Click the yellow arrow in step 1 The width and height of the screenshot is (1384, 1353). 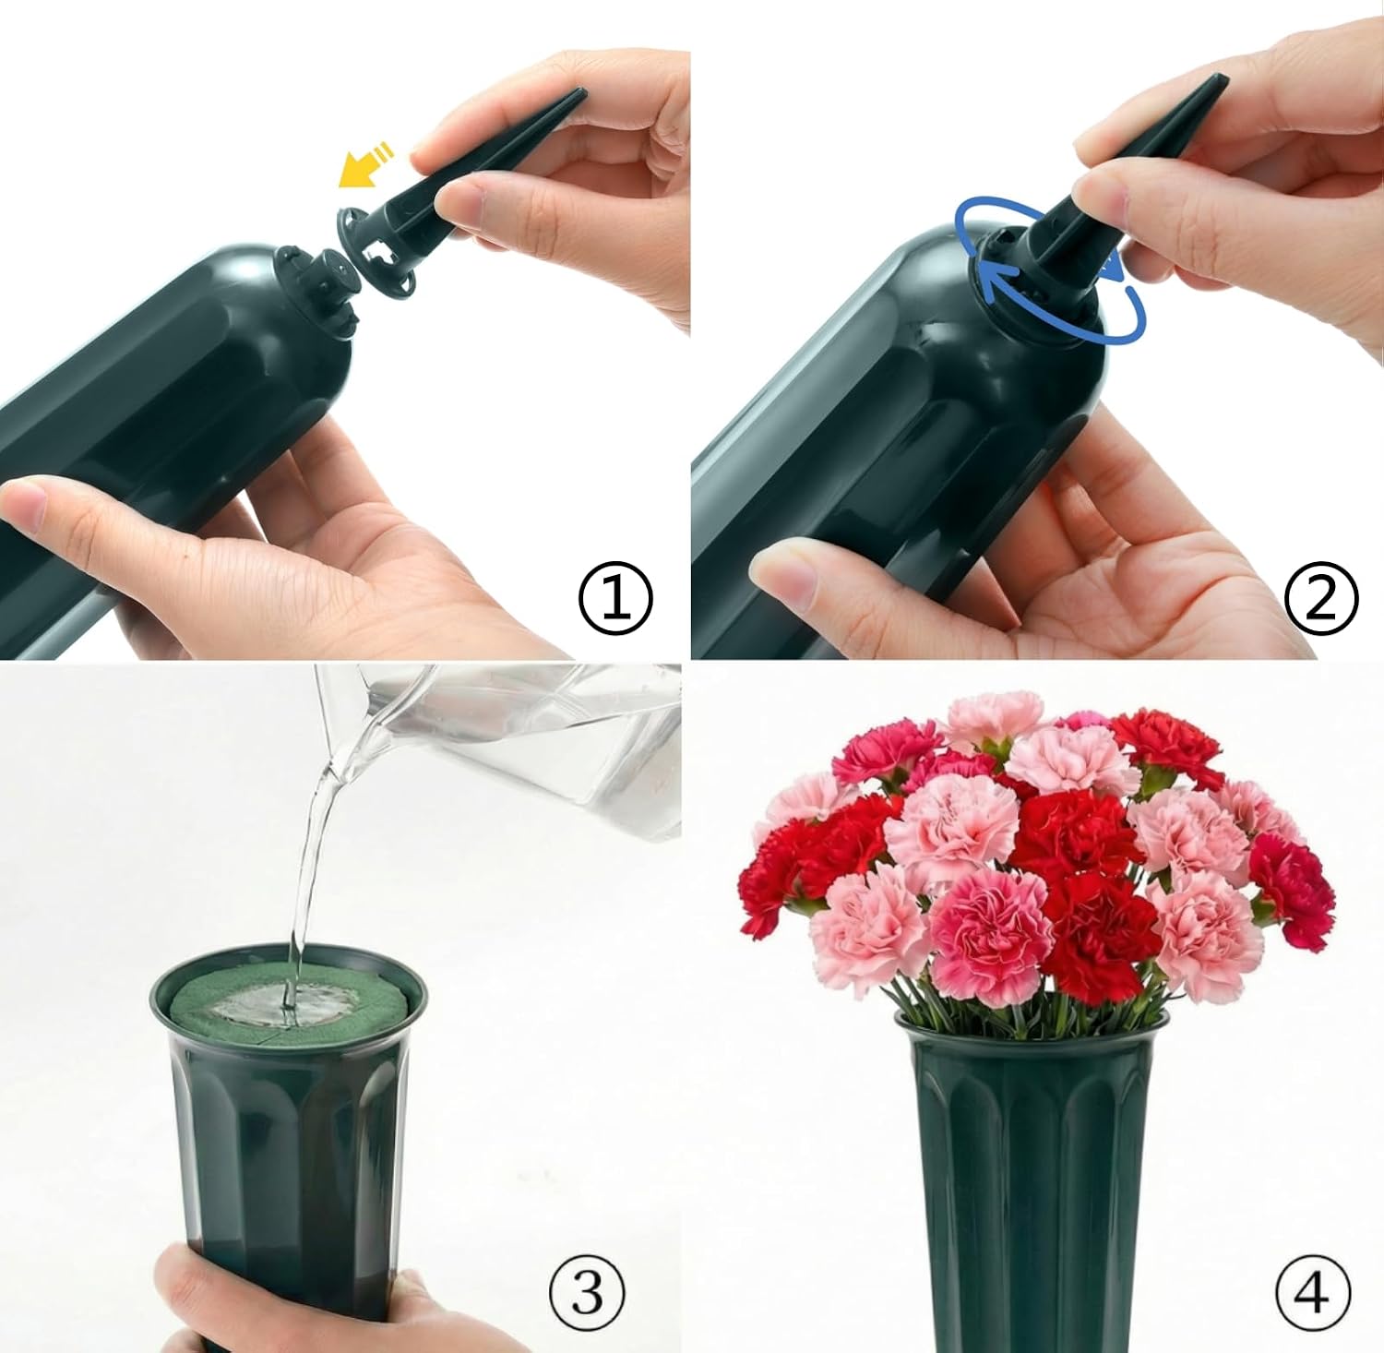tap(364, 163)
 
